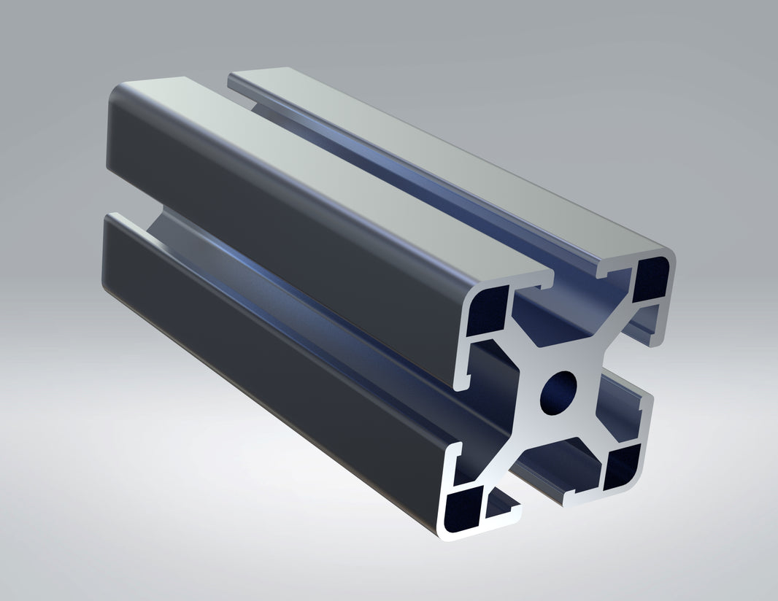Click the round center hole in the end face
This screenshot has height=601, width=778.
click(558, 389)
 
